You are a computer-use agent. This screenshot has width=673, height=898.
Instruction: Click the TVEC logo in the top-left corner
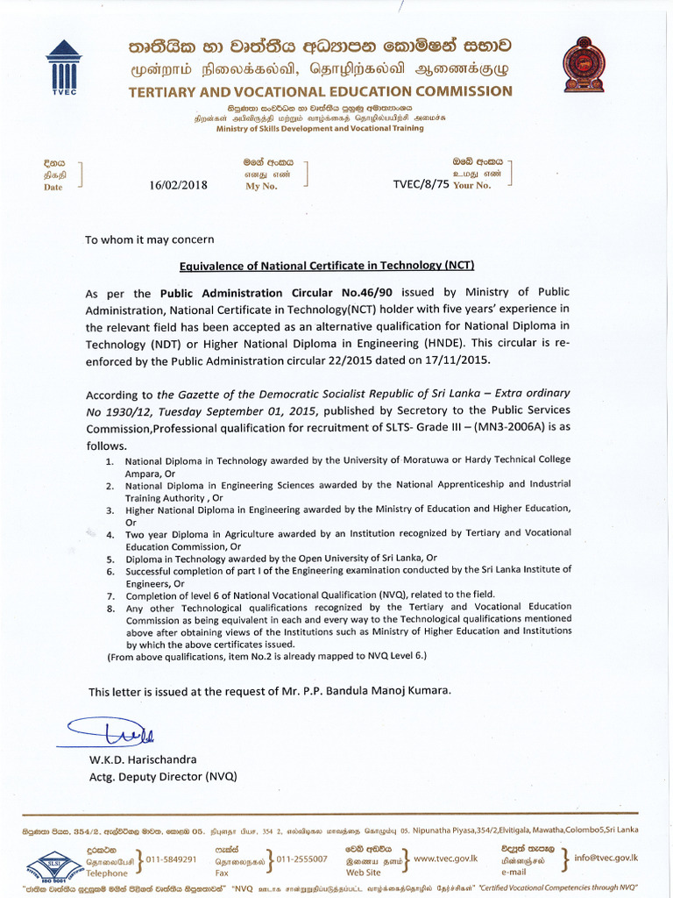(63, 65)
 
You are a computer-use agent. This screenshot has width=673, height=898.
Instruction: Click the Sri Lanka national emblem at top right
(584, 64)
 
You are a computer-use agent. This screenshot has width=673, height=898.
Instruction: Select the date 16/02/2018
(179, 184)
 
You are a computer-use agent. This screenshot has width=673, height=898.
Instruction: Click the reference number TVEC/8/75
(422, 184)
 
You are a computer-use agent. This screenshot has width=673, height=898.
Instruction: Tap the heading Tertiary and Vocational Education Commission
(320, 91)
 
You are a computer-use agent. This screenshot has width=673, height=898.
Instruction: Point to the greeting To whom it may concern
(149, 239)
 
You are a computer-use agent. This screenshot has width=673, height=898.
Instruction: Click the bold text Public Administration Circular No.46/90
(234, 293)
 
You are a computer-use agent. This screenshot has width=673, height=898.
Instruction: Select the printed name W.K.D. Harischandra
(143, 759)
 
